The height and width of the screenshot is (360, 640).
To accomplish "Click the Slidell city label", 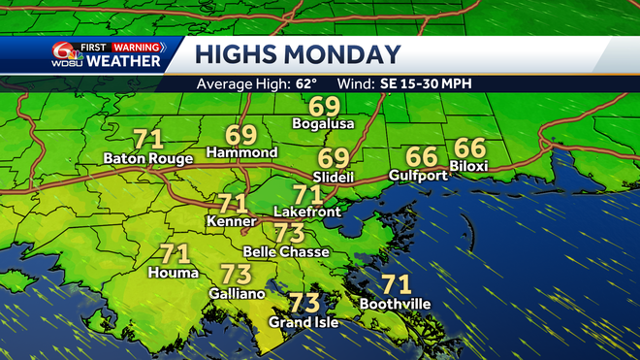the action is (x=334, y=177).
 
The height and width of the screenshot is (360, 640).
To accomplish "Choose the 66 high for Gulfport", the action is (x=421, y=156).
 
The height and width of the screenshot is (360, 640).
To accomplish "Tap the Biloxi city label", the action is (x=469, y=166).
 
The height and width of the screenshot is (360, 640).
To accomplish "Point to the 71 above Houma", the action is (x=175, y=254).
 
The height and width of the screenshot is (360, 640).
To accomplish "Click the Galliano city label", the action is (x=236, y=292).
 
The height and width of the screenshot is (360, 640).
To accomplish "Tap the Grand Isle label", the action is (x=304, y=321).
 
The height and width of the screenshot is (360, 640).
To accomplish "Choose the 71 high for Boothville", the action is (x=395, y=284).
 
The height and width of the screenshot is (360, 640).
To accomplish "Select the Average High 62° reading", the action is (x=258, y=83).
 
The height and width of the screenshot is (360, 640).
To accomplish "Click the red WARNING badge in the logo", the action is (x=138, y=45).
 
